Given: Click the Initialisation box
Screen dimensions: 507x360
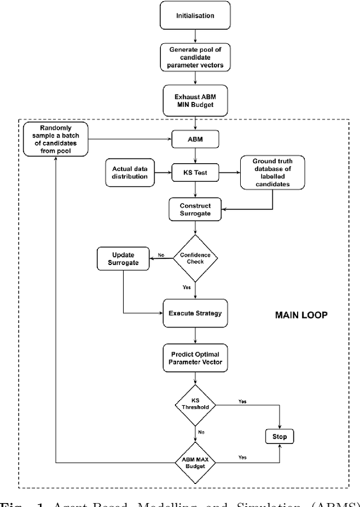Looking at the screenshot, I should click(195, 16).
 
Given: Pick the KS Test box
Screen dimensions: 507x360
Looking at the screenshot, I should click(195, 173).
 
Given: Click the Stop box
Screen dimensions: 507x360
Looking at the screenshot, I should click(280, 437).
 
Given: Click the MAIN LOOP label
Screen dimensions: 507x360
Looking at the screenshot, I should click(301, 315).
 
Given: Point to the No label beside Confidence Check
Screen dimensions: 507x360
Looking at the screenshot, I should click(161, 254).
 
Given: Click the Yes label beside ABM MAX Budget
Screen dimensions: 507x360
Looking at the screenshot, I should click(242, 457).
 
